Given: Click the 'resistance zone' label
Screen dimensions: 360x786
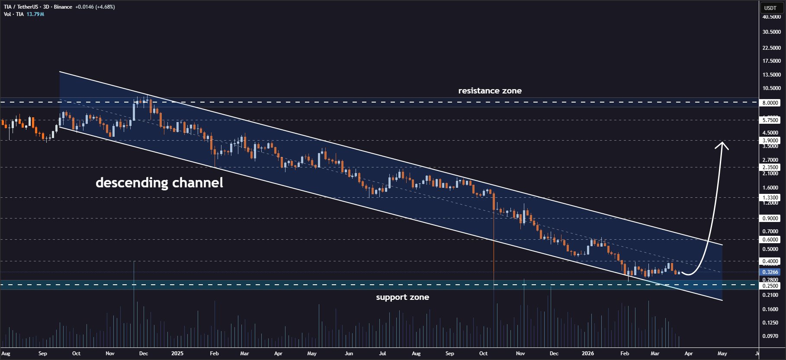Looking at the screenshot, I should click(x=490, y=90).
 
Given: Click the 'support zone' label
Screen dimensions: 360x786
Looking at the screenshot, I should click(x=402, y=297).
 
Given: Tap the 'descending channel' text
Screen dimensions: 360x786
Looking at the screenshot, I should click(x=159, y=183).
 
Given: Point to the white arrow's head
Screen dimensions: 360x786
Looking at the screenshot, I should click(x=722, y=145).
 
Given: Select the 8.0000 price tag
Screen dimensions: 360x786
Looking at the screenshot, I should click(x=770, y=103).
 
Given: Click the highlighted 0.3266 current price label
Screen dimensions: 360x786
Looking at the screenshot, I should click(x=770, y=272).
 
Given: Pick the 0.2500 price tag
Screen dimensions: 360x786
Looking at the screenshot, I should click(x=770, y=286).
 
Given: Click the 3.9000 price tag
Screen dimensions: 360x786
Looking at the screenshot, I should click(x=770, y=141).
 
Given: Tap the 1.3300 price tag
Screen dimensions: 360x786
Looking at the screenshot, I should click(x=770, y=197).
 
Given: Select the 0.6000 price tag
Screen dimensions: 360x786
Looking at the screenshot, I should click(x=770, y=239).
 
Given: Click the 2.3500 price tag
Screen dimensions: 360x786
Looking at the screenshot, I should click(x=770, y=167).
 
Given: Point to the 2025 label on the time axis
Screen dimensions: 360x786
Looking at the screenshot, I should click(x=177, y=354).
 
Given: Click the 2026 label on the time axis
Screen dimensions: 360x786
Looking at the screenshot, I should click(x=587, y=354).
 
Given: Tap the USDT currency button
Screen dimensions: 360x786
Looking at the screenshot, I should click(x=770, y=8).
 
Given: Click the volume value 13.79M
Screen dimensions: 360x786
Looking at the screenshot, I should click(x=35, y=14).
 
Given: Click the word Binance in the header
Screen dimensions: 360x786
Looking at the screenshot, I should click(x=63, y=7).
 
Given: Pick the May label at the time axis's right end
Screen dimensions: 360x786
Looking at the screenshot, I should click(x=722, y=354).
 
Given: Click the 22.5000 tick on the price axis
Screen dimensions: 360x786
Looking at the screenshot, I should click(x=772, y=48).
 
